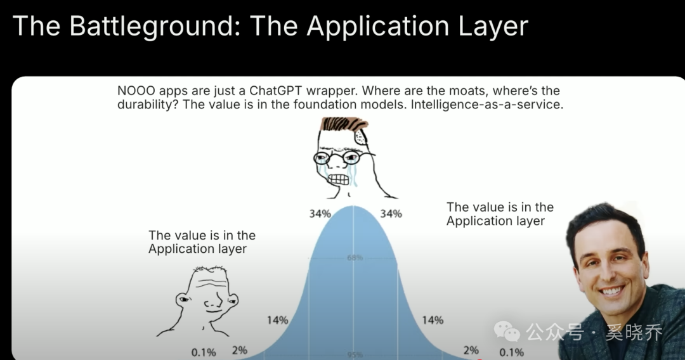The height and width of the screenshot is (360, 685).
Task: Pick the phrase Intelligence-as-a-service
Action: click(x=486, y=105)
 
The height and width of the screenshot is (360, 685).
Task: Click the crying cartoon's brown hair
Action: click(x=343, y=124)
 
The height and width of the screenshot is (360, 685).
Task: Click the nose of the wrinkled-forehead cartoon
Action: click(x=211, y=301)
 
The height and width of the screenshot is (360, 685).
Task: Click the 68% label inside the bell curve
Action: click(x=355, y=258)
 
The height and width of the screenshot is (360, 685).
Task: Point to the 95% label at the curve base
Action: click(x=355, y=355)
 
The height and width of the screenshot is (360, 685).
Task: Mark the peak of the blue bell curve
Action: click(x=353, y=205)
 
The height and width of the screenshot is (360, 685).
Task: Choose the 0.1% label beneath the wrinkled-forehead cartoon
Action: click(x=204, y=352)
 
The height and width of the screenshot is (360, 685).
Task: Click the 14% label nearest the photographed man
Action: click(x=433, y=320)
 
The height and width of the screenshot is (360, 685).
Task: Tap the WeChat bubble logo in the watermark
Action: click(x=507, y=331)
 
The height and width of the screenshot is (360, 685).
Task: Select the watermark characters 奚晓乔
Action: click(x=634, y=333)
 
